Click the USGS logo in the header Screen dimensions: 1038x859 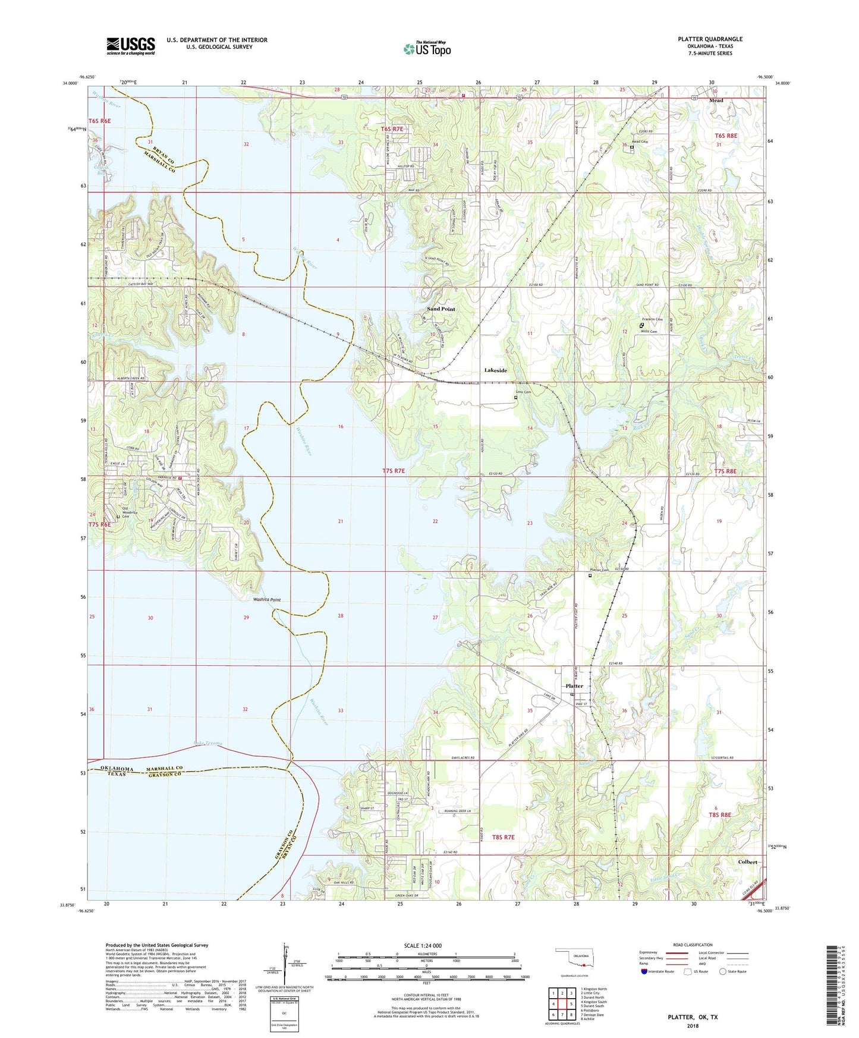click(x=131, y=46)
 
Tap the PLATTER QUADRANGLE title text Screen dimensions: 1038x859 click(x=710, y=39)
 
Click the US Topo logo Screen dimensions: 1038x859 click(x=427, y=49)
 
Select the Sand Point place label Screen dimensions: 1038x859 click(x=441, y=309)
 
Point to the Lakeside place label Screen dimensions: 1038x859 click(x=495, y=370)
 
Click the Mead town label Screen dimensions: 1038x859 click(x=716, y=100)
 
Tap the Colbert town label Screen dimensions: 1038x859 click(x=747, y=862)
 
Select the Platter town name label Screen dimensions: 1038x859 click(x=574, y=686)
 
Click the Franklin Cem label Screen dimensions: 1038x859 click(x=653, y=320)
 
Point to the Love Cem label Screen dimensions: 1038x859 click(x=523, y=392)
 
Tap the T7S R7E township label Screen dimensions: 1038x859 click(x=393, y=471)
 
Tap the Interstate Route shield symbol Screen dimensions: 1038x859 click(x=644, y=971)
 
